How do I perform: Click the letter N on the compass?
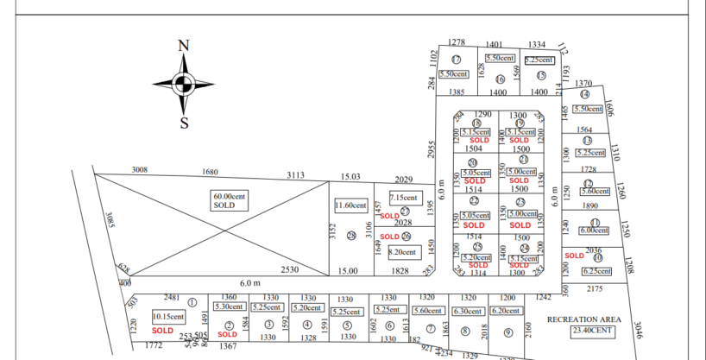pos(183,46)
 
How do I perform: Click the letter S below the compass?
pos(184,123)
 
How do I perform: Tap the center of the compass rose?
pos(183,84)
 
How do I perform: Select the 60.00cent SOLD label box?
pos(230,201)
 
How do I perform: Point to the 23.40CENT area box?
pos(591,330)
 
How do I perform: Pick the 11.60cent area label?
pos(351,205)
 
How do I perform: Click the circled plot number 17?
pos(457,60)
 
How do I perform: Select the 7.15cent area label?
pos(404,198)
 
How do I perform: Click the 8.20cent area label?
pos(404,252)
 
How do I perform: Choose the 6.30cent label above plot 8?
pos(467,311)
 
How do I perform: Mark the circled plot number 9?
pos(508,332)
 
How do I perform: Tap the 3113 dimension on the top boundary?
pos(296,175)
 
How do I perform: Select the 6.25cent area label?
pos(596,271)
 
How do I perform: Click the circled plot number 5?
pos(347,325)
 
